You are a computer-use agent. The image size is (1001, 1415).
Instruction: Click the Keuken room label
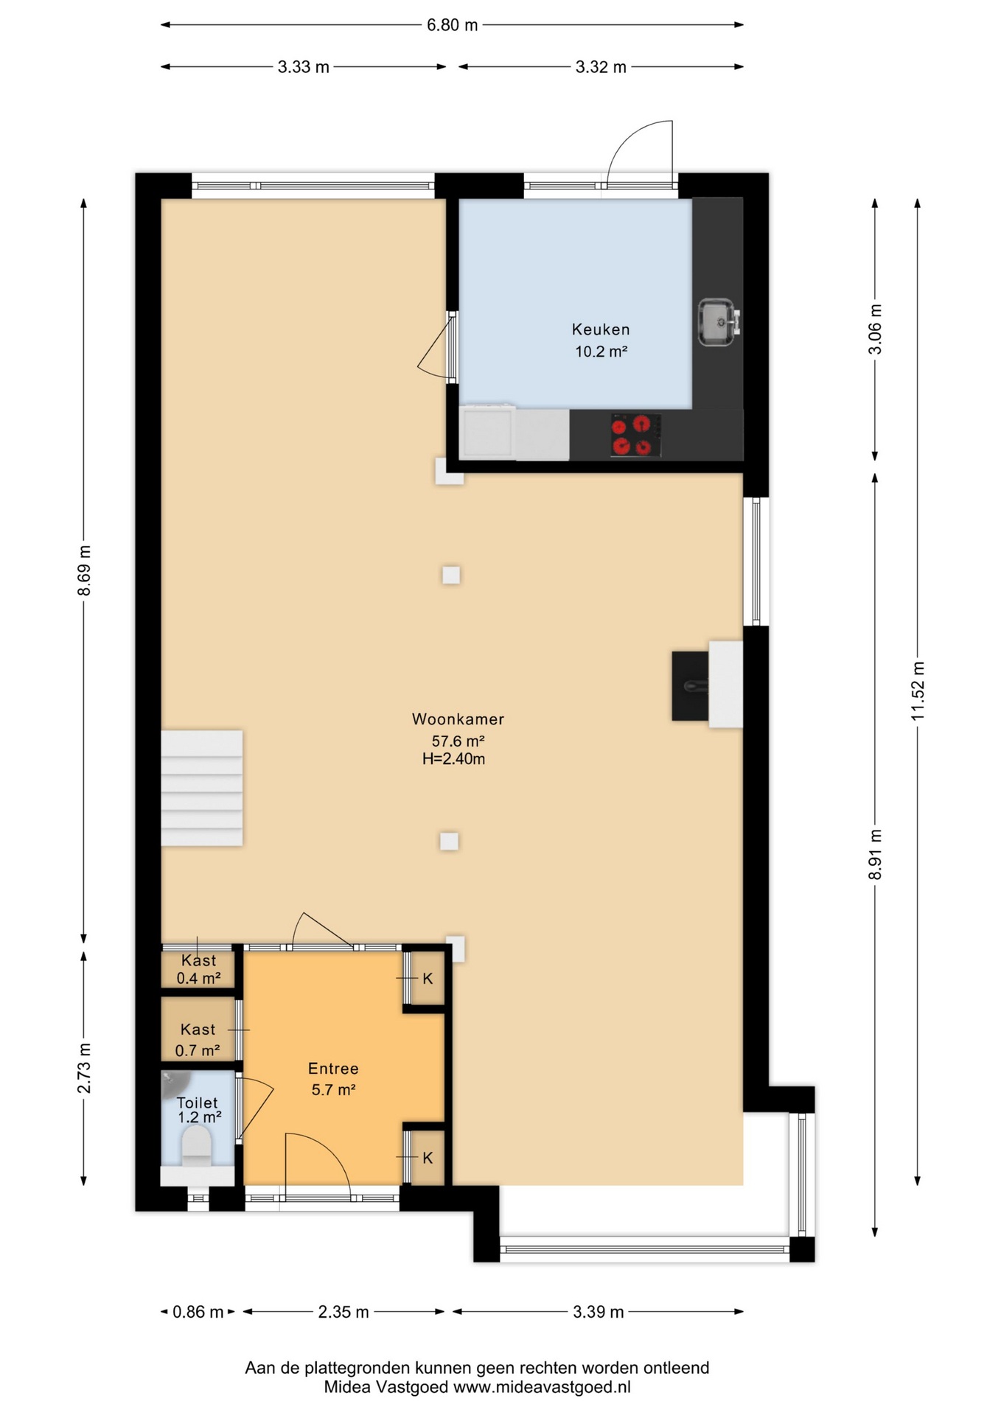[601, 329]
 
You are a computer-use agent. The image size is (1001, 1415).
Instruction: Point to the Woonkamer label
[458, 719]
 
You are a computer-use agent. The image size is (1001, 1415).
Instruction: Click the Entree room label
[333, 1069]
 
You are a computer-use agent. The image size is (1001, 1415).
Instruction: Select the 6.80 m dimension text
[453, 25]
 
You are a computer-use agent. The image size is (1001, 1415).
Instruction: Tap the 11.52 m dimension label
[918, 691]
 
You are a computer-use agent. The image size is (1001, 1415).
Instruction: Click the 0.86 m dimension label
[198, 1312]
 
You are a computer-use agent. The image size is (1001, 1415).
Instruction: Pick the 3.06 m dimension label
[875, 329]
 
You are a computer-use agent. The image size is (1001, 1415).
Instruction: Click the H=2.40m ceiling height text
[453, 759]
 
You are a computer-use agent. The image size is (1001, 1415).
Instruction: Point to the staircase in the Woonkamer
[202, 788]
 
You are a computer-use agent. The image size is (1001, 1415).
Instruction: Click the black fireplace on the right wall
[691, 686]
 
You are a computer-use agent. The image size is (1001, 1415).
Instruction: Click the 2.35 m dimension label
[343, 1312]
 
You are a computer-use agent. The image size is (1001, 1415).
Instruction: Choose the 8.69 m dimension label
[84, 571]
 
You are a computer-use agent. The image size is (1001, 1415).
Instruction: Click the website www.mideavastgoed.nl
[542, 1387]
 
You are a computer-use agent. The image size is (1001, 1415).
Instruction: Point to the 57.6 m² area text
[458, 741]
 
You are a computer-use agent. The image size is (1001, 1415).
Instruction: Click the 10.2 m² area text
[601, 352]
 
